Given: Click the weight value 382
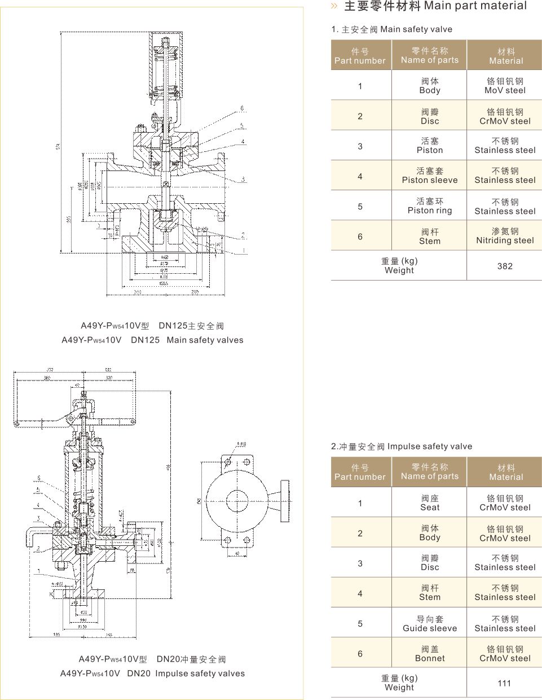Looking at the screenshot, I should pos(505,266).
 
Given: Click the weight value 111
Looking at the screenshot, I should pos(504,683).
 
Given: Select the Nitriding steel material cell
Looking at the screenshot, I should pos(505,236).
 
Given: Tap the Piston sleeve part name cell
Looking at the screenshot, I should pos(430,176).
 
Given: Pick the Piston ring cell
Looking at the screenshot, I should pos(430,206).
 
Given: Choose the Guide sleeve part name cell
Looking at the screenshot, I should pos(430,624).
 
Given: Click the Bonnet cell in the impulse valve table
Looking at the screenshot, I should pos(430,654).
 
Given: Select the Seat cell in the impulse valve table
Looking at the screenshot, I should pos(430,503).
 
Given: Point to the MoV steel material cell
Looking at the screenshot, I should pos(505,86).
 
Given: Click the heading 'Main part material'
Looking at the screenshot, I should pos(475,6).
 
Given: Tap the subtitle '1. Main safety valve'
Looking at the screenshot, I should pos(392,29).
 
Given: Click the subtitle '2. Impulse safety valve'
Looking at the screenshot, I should pos(402,447).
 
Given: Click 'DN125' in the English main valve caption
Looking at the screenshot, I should pos(146,340).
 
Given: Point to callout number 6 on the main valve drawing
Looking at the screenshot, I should pos(242,108).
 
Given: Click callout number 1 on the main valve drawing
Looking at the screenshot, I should pos(244,250).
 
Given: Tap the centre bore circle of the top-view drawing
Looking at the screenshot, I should pos(235,500).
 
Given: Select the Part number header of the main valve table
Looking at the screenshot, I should pos(360,56).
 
